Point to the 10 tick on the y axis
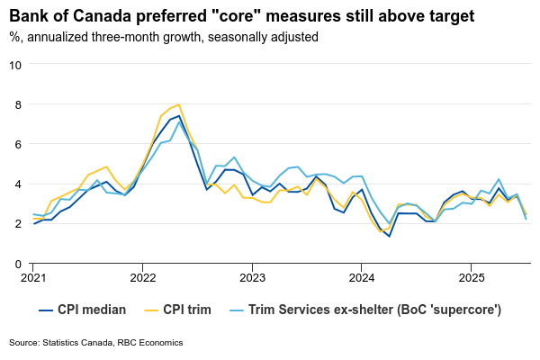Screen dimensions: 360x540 [x=15, y=65]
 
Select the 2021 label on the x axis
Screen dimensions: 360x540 [x=33, y=278]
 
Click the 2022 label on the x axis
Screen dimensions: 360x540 [x=142, y=278]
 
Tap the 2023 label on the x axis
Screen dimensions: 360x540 [x=252, y=278]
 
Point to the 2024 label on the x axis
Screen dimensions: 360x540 [x=361, y=278]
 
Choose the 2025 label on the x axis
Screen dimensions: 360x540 [x=471, y=278]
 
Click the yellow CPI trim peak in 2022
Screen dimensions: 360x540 [x=179, y=104]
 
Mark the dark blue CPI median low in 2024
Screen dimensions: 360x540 [x=389, y=236]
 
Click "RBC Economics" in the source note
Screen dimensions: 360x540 [x=150, y=343]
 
